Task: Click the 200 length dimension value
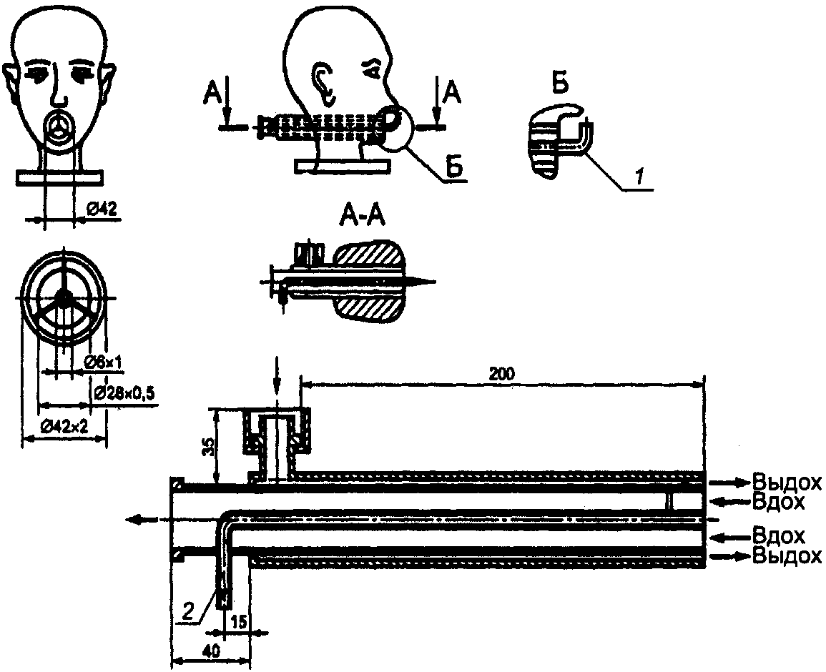tap(501, 374)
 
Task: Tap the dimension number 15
tap(239, 621)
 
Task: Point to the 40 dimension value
tap(211, 651)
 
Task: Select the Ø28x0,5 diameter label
tap(125, 392)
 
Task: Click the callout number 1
tap(639, 178)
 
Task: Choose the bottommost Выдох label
tap(787, 556)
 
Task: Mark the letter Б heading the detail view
tap(561, 84)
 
